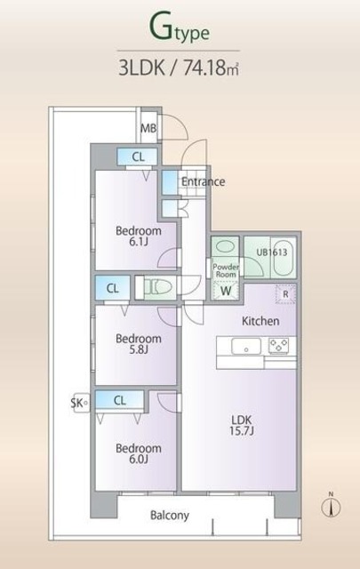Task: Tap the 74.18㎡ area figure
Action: click(212, 66)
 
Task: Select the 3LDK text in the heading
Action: click(143, 66)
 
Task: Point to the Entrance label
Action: click(203, 181)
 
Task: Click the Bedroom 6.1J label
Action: click(138, 236)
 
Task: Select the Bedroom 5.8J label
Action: click(138, 344)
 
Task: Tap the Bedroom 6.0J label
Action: click(138, 454)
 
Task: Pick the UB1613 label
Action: click(271, 252)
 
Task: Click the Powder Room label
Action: click(225, 268)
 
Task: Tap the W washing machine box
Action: click(226, 290)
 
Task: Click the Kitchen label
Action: click(261, 320)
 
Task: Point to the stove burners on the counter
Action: click(278, 346)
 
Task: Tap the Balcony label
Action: click(169, 515)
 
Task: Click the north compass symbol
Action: click(331, 505)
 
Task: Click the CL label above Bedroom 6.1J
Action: click(138, 157)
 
